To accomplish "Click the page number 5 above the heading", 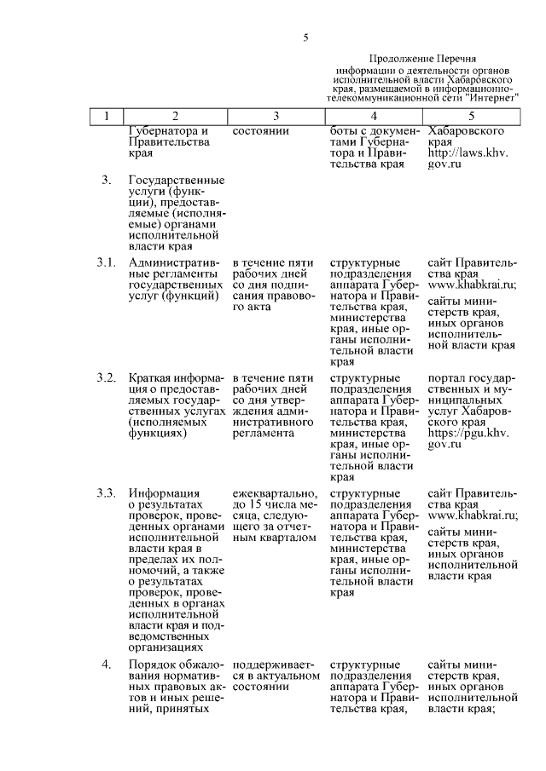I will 305,37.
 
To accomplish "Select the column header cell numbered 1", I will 106,116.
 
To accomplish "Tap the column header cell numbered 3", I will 276,116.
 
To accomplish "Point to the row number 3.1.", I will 106,262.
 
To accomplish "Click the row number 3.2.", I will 106,377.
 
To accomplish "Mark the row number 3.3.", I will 106,492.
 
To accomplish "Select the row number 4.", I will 106,665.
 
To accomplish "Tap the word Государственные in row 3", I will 176,181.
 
